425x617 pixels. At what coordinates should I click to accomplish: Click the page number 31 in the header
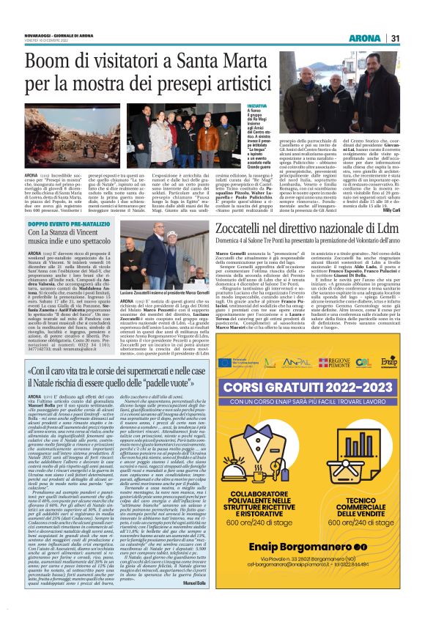(395, 38)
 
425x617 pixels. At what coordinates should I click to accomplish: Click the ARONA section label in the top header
(364, 38)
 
